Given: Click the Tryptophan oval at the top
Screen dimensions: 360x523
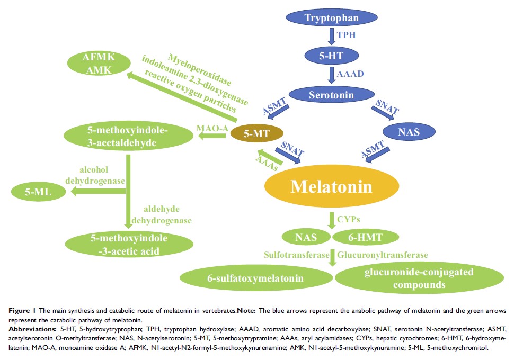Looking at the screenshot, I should coord(332,18).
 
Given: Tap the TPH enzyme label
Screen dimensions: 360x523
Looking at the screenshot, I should coord(351,35).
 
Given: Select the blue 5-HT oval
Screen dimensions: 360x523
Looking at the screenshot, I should coord(331,53).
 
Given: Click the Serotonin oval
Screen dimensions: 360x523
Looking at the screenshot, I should coord(332,95).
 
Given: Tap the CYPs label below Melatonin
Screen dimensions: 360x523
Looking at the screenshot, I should coord(352,218).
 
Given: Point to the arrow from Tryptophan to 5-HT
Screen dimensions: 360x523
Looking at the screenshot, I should coord(332,36).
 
